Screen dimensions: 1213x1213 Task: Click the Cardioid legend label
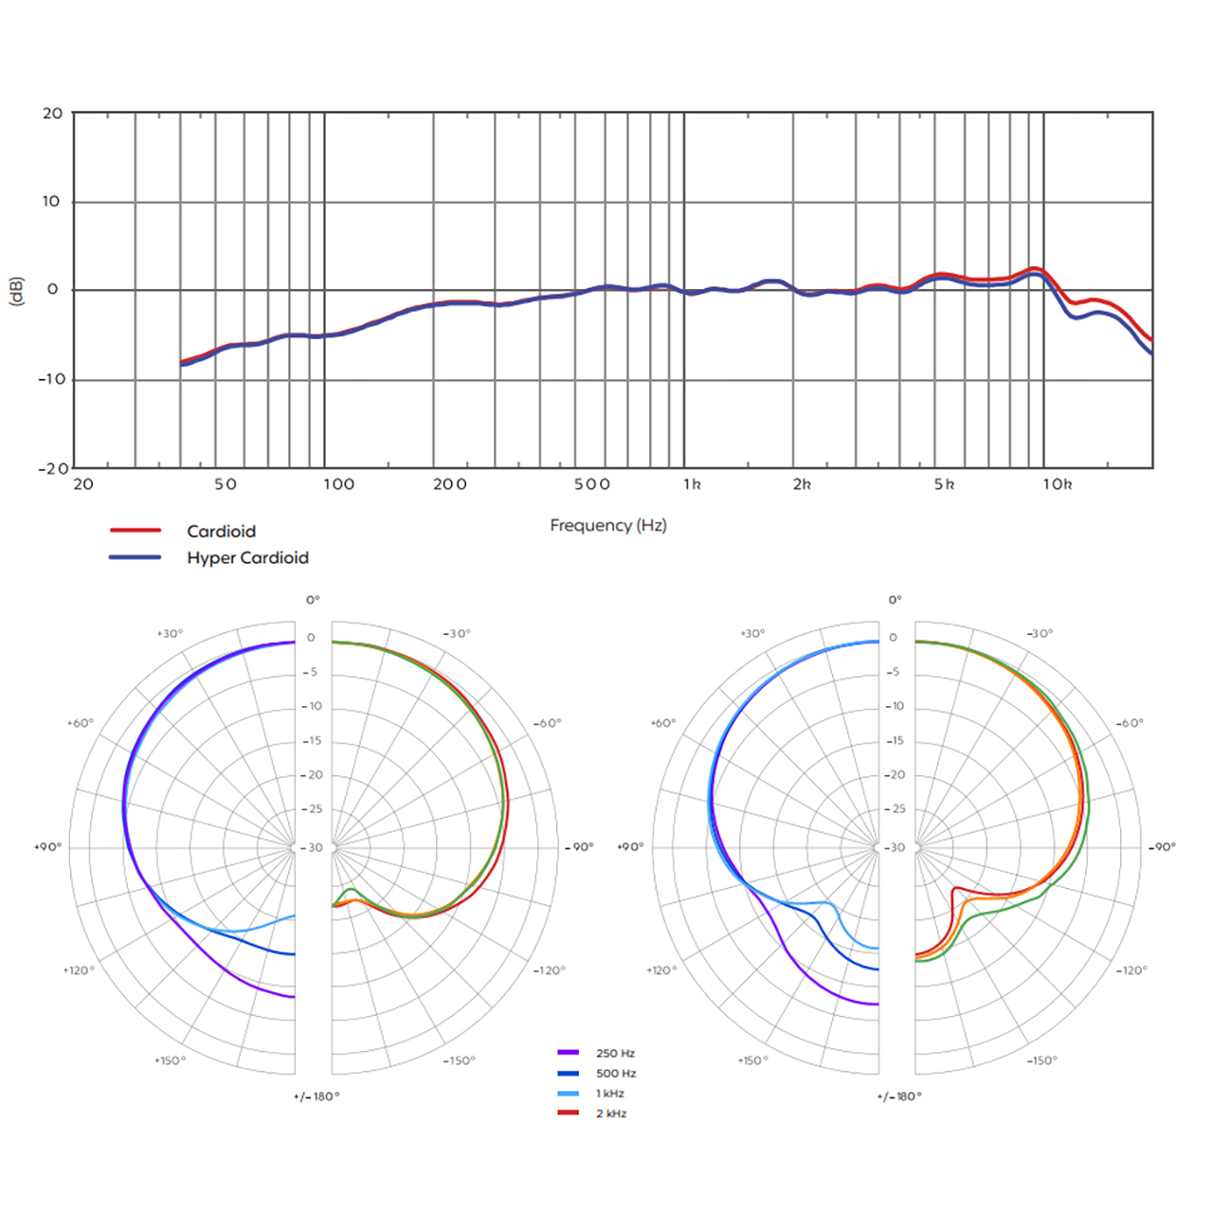coord(221,532)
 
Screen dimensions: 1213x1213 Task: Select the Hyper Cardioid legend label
coord(247,558)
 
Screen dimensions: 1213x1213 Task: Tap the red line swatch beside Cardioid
coord(136,531)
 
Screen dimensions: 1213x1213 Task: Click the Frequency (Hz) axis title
coord(608,525)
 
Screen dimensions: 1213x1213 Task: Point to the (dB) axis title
coord(16,291)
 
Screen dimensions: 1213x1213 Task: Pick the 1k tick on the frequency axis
coord(692,484)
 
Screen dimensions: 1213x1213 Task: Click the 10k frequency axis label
coord(1058,484)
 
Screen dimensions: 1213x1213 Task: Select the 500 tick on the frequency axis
coord(592,484)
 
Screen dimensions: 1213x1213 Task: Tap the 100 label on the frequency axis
coord(338,484)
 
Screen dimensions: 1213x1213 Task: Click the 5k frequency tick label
coord(944,484)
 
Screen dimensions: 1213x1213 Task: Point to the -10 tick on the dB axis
coord(51,379)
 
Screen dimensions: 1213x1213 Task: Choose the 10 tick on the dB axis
coord(51,201)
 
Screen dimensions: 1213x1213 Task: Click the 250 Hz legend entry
coord(615,1053)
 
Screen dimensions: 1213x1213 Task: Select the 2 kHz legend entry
coord(611,1113)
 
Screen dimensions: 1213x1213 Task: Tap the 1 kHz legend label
coord(610,1094)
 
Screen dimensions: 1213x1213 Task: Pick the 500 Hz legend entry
coord(616,1074)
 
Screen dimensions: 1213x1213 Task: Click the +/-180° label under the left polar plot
coord(317,1096)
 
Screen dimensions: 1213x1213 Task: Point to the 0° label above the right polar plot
coord(896,600)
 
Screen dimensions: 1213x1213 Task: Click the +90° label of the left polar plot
coord(47,846)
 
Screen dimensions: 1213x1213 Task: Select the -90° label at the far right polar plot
coord(1163,846)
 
